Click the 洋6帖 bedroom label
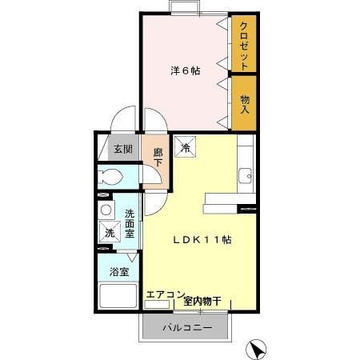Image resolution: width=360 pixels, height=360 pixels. tap(186, 70)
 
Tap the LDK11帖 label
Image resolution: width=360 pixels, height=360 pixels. tap(202, 240)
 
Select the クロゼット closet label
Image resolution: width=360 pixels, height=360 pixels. tap(244, 46)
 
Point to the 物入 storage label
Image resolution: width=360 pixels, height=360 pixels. tap(245, 104)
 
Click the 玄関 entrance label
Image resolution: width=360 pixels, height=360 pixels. tap(123, 149)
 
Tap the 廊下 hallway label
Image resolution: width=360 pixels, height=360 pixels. tap(158, 158)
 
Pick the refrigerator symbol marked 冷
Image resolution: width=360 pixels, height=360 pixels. tap(185, 146)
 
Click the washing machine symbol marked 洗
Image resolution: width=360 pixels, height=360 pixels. tap(110, 232)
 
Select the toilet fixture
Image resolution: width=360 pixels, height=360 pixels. tap(110, 177)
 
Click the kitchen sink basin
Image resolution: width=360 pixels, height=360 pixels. tap(245, 176)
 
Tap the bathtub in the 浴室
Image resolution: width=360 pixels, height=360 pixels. tap(118, 296)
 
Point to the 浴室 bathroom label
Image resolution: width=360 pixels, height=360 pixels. tap(119, 272)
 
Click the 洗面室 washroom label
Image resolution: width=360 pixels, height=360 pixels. tap(130, 223)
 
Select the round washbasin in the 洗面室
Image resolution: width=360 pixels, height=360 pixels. tap(106, 210)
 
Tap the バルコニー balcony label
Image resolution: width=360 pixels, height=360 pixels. tap(187, 327)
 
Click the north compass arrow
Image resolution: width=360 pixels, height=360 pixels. tap(256, 350)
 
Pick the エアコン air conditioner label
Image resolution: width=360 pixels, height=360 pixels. tap(166, 294)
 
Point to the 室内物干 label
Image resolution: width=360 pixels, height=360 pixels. tap(202, 302)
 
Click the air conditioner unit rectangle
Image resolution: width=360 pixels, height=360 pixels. tap(157, 305)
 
